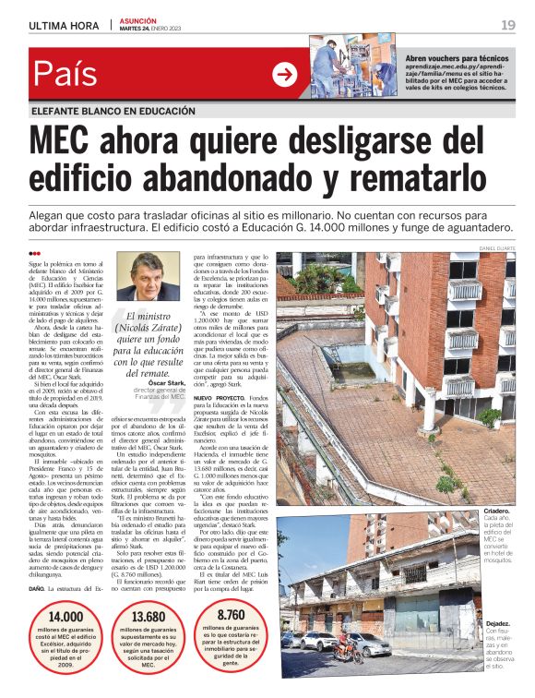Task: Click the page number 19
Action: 507,25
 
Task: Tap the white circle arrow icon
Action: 285,75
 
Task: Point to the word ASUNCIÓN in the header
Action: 138,20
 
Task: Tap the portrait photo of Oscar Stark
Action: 149,277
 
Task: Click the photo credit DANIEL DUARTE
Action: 497,248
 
